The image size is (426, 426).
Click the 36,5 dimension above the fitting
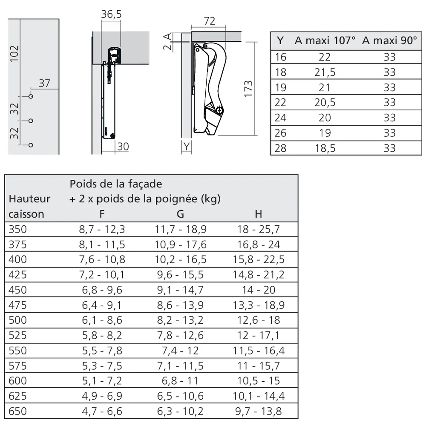pyautogui.click(x=111, y=14)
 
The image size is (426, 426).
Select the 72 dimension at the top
pyautogui.click(x=210, y=21)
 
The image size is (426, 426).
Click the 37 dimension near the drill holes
pyautogui.click(x=44, y=83)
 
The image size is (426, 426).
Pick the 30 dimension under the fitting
pyautogui.click(x=123, y=147)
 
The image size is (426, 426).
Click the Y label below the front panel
pyautogui.click(x=187, y=147)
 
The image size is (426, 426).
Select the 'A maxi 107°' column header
pyautogui.click(x=325, y=41)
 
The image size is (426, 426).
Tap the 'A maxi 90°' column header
pyautogui.click(x=389, y=41)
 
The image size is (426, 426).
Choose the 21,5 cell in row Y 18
pyautogui.click(x=325, y=72)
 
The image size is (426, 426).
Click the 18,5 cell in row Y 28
pyautogui.click(x=325, y=148)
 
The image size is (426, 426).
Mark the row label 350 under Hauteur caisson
pyautogui.click(x=17, y=230)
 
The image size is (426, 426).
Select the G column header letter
pyautogui.click(x=180, y=214)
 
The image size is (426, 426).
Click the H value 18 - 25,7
pyautogui.click(x=259, y=230)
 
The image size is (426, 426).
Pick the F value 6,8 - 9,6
pyautogui.click(x=102, y=290)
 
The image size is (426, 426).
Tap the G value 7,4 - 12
pyautogui.click(x=180, y=351)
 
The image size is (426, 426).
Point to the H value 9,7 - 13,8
pyautogui.click(x=259, y=411)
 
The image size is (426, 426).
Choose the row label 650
pyautogui.click(x=17, y=411)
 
